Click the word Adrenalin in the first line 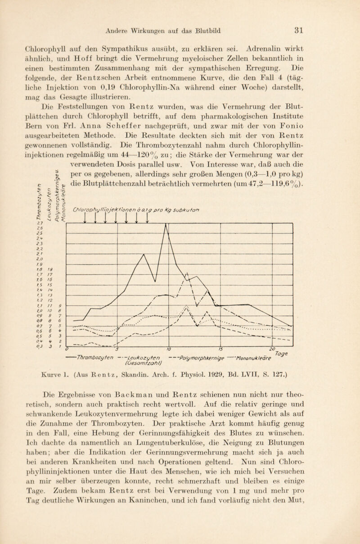click(288, 57)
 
